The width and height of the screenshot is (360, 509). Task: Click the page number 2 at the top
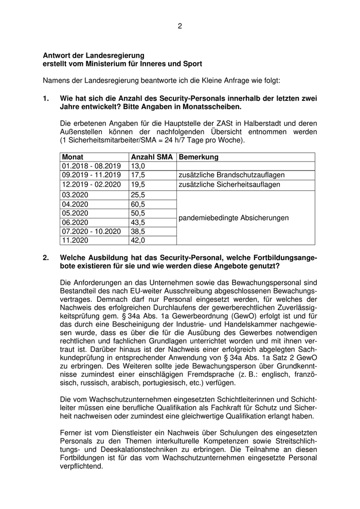click(x=180, y=26)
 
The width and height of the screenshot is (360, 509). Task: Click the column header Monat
click(x=73, y=157)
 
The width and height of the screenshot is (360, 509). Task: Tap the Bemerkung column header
click(x=199, y=157)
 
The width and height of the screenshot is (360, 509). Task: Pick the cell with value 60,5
click(x=138, y=204)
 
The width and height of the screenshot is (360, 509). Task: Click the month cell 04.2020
click(x=75, y=204)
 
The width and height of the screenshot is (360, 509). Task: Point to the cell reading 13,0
click(x=138, y=166)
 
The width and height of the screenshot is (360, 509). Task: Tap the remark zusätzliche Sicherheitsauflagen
click(x=229, y=185)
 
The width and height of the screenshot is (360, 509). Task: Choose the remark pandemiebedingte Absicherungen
click(x=233, y=217)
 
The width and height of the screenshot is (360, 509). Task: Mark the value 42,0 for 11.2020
click(x=138, y=241)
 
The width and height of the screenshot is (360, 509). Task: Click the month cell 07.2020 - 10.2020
click(x=92, y=231)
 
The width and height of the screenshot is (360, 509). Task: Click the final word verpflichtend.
click(x=81, y=467)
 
